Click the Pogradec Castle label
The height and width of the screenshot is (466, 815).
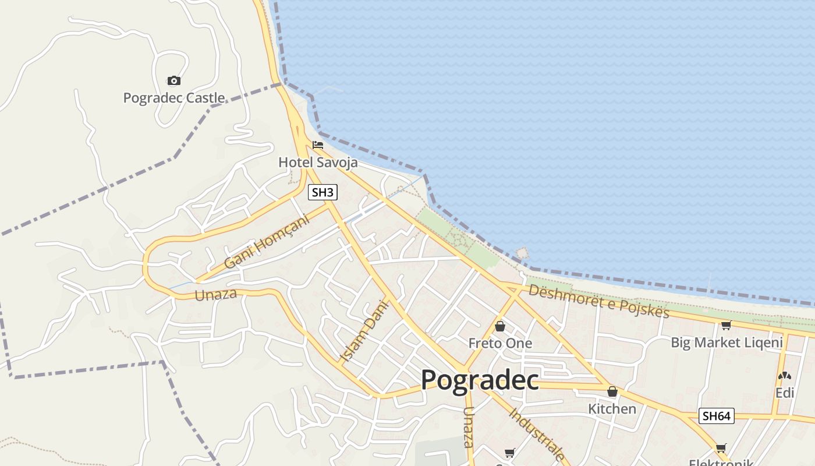[x=173, y=98]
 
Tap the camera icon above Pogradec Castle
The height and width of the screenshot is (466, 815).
[x=173, y=80]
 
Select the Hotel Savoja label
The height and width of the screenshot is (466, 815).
[x=318, y=162]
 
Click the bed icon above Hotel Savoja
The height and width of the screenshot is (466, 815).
[x=318, y=144]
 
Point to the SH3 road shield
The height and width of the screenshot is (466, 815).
[x=323, y=192]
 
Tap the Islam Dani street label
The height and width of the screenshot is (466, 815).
[x=364, y=331]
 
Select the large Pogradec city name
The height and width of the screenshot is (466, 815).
[x=480, y=380]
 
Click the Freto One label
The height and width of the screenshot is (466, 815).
[x=500, y=343]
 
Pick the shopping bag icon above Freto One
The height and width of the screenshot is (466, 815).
[x=500, y=326]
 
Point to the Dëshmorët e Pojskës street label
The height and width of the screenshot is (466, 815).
[x=599, y=300]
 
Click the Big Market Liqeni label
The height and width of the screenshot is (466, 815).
[x=727, y=342]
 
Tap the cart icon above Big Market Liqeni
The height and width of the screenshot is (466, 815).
[x=726, y=325]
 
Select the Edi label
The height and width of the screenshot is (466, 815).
[x=785, y=393]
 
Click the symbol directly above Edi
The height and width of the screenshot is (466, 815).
[x=785, y=376]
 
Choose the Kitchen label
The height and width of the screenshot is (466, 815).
[x=612, y=408]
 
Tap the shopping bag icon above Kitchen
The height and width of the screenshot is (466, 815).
[x=612, y=391]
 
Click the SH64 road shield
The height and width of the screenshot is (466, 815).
[x=716, y=416]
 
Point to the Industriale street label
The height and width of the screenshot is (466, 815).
[x=537, y=435]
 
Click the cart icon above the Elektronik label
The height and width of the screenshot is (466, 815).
[x=721, y=448]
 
